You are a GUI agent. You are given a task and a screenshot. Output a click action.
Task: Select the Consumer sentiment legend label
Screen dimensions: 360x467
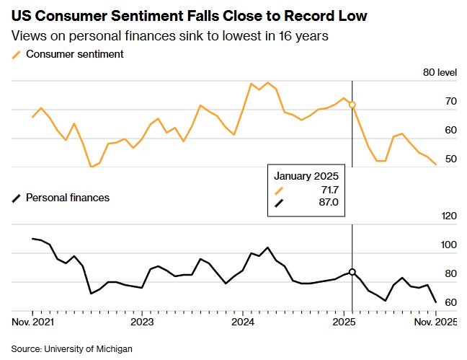click(x=75, y=54)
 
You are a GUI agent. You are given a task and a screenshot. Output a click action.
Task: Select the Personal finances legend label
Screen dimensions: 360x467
click(x=68, y=197)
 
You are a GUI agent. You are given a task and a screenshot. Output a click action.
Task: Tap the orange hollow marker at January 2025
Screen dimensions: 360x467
click(x=352, y=105)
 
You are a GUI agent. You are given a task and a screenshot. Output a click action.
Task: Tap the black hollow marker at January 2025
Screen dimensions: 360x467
click(x=352, y=272)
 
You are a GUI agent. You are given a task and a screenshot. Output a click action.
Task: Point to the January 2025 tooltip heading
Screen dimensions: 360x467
click(x=306, y=175)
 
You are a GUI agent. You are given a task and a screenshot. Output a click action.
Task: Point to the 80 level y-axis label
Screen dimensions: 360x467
click(x=439, y=72)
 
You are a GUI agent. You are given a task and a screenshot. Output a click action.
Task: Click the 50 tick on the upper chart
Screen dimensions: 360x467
click(x=450, y=159)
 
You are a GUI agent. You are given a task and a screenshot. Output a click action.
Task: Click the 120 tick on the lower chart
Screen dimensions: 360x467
click(x=448, y=216)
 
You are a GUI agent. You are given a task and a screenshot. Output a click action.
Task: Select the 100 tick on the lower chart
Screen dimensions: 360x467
click(x=448, y=245)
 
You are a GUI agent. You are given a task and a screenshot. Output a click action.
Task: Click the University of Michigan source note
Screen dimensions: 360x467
click(x=72, y=348)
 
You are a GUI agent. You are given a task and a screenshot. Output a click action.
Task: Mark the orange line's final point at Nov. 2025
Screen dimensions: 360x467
click(x=436, y=164)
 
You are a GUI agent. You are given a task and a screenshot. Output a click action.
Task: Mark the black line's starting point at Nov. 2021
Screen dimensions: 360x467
click(x=33, y=238)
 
